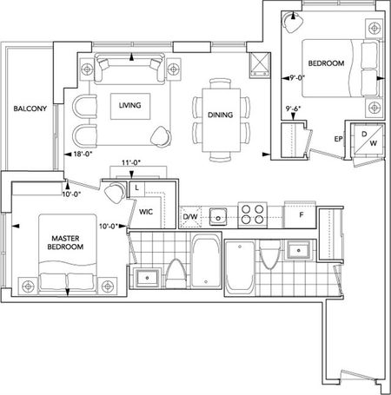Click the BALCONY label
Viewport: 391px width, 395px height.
[x=29, y=109]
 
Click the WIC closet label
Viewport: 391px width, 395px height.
[x=145, y=209]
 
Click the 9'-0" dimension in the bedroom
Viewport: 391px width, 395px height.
[x=301, y=76]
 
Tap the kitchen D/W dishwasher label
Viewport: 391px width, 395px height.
[x=190, y=216]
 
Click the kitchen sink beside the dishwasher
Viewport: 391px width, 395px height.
[x=219, y=214]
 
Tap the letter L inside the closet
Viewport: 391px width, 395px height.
[x=136, y=187]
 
